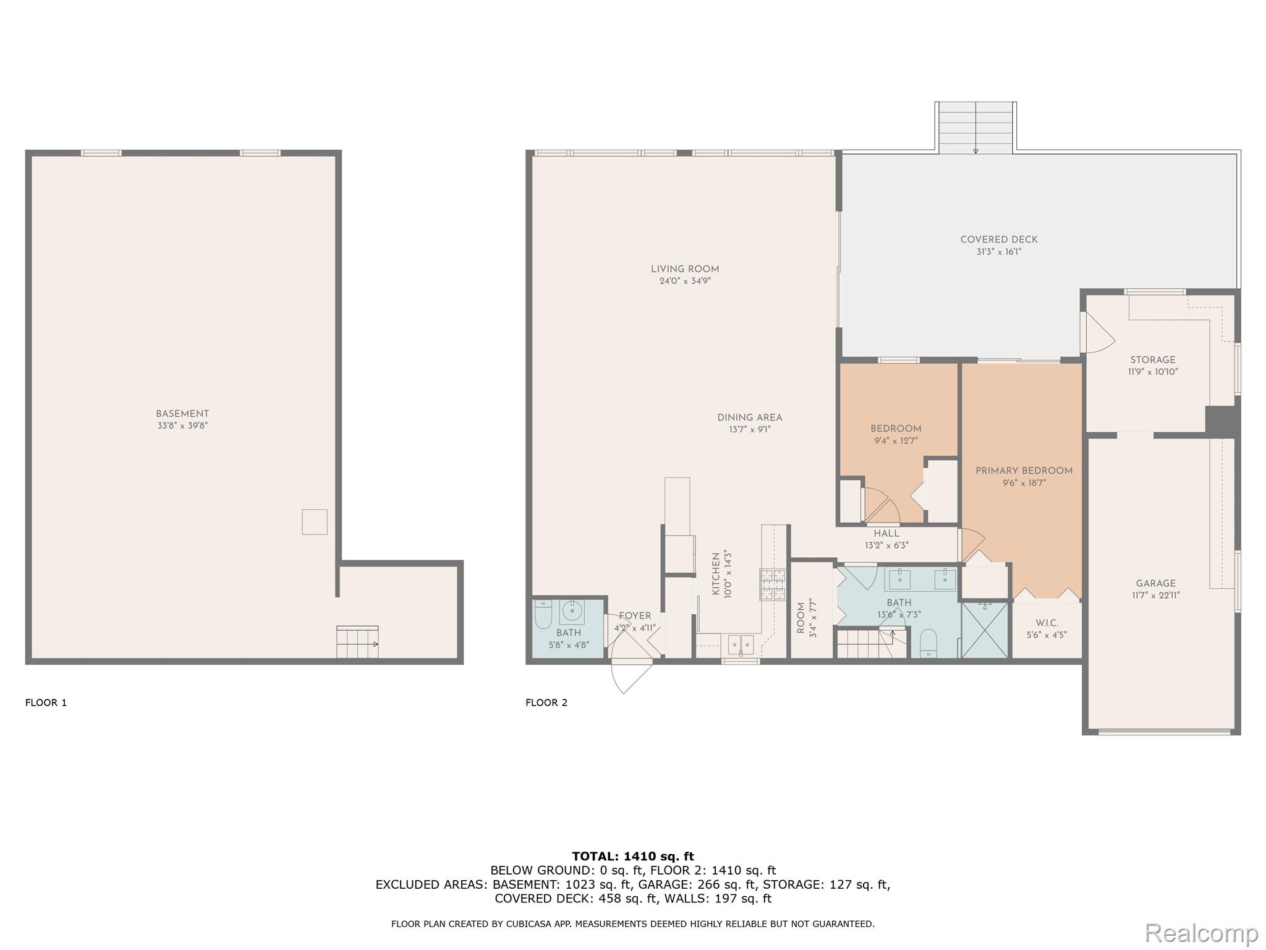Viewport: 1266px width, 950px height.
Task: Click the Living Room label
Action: [684, 269]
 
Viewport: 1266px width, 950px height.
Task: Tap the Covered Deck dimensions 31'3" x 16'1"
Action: [998, 252]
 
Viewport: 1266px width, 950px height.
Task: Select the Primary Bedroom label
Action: [1024, 471]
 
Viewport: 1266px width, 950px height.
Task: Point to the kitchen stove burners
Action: [772, 584]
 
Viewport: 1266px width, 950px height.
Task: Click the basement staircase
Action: [357, 643]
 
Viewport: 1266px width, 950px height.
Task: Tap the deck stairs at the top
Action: [975, 127]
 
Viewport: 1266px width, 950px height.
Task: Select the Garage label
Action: [1155, 583]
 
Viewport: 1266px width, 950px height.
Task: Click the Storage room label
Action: [1152, 360]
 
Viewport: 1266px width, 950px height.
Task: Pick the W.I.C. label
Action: [1047, 623]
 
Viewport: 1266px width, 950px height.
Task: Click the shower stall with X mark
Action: [984, 630]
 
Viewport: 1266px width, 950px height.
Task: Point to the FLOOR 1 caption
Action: [46, 703]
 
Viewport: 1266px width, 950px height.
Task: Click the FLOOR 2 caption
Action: [546, 703]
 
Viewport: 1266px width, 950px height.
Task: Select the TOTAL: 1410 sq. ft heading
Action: [633, 857]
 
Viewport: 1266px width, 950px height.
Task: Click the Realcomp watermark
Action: [1201, 933]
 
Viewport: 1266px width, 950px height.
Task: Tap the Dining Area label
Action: [749, 417]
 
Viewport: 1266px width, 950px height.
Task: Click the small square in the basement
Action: [314, 521]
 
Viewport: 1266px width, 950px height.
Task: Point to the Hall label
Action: [886, 533]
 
